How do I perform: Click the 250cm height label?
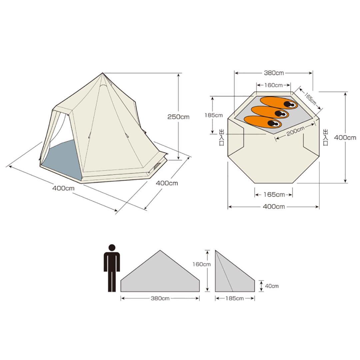[x=178, y=117]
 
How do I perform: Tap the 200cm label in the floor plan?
[x=295, y=131]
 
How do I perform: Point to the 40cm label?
[x=272, y=286]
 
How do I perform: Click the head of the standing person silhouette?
[x=112, y=248]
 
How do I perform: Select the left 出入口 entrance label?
[x=222, y=137]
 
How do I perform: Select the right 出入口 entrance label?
[x=326, y=137]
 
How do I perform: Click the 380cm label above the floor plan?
[x=274, y=73]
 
